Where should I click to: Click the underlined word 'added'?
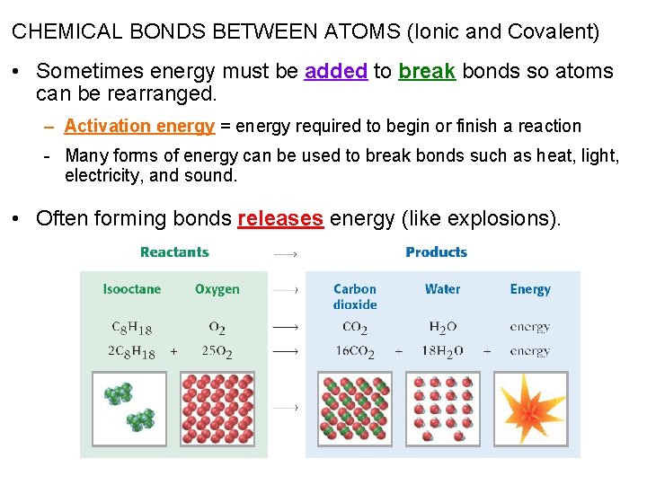tap(335, 72)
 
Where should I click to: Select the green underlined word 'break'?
tap(427, 72)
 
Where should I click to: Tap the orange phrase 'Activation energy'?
tap(139, 127)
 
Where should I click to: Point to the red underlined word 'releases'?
tap(280, 219)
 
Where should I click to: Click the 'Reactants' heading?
tap(174, 252)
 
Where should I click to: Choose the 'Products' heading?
tap(436, 252)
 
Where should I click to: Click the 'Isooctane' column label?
tap(132, 289)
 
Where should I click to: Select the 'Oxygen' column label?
tap(217, 289)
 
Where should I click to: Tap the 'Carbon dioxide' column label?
tap(355, 296)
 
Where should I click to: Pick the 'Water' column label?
tap(442, 289)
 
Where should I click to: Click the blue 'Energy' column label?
tap(530, 289)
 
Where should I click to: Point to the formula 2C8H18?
tap(131, 352)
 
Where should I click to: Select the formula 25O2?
tap(217, 352)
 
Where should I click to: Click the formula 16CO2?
tap(355, 352)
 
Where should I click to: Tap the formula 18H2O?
tap(442, 352)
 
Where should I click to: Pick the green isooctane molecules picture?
tap(131, 409)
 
